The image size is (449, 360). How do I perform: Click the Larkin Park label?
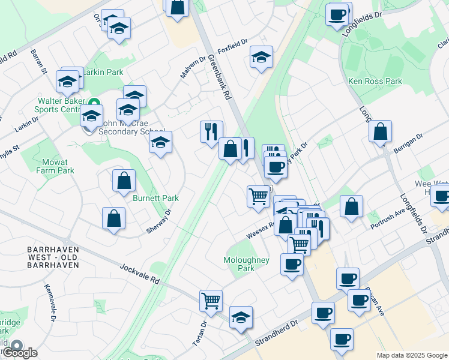tap(103, 72)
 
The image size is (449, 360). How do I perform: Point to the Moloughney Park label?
tap(247, 264)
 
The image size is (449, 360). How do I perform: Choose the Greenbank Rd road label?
tap(220, 77)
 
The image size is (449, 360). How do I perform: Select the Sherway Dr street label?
tap(159, 222)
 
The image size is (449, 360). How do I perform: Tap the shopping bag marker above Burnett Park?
tap(124, 179)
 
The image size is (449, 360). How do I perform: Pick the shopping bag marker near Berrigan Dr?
tap(381, 131)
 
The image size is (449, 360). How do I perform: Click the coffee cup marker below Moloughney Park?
tap(292, 263)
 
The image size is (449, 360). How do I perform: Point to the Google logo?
tap(20, 353)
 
